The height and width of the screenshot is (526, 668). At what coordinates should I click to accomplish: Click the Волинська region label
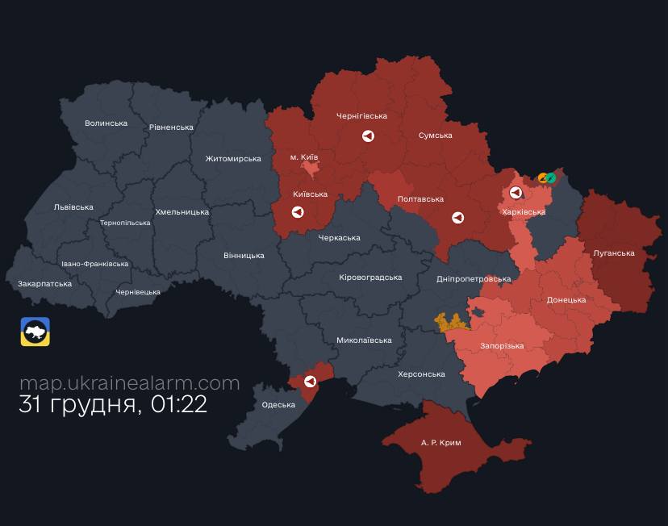coord(106,123)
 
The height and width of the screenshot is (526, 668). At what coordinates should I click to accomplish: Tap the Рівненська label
coord(171,127)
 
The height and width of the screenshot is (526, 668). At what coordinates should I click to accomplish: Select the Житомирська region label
coord(233,159)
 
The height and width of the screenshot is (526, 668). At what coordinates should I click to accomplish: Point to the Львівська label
coord(73,207)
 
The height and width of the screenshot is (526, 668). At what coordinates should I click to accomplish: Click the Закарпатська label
coord(45,284)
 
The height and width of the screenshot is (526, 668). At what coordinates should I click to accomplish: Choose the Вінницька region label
coord(244,256)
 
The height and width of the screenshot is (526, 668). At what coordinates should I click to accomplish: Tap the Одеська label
coord(278,405)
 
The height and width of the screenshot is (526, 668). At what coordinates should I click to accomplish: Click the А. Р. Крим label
coord(441,443)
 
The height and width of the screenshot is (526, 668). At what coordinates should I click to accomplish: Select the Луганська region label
coord(613,253)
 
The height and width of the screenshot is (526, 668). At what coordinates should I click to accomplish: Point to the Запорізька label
coord(502,346)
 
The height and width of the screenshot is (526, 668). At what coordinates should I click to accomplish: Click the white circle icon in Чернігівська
coord(368,136)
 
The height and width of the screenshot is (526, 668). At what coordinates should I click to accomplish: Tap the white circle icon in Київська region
coord(297,212)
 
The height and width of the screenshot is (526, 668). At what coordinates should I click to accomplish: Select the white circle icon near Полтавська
coord(457,218)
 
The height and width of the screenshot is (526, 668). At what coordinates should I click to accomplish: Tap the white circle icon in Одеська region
coord(310,381)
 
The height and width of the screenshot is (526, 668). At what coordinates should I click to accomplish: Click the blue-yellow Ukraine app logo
coord(35,332)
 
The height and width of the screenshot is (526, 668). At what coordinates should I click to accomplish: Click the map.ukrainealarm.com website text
coord(129,383)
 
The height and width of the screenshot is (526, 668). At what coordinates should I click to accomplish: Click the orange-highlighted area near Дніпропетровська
coord(452,322)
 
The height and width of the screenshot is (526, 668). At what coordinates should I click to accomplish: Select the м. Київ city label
coord(304,157)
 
